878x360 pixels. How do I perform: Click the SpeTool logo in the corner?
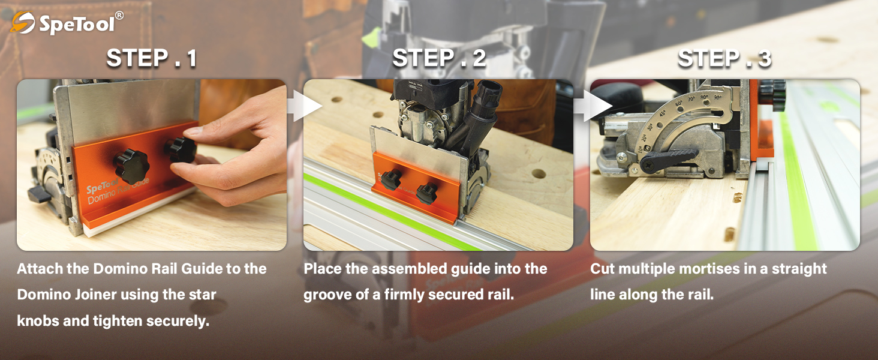pyautogui.click(x=67, y=23)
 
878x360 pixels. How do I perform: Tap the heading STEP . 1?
pyautogui.click(x=152, y=58)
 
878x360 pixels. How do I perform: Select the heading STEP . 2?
pyautogui.click(x=440, y=58)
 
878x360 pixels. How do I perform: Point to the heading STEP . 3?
pyautogui.click(x=724, y=58)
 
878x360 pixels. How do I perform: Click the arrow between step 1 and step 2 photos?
pyautogui.click(x=305, y=106)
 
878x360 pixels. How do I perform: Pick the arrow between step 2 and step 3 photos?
pyautogui.click(x=593, y=106)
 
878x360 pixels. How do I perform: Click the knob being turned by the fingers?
pyautogui.click(x=181, y=150)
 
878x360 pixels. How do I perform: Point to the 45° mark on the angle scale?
pyautogui.click(x=663, y=113)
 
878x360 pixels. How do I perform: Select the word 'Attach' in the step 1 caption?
pyautogui.click(x=40, y=269)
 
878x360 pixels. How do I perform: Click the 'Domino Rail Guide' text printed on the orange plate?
pyautogui.click(x=118, y=191)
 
